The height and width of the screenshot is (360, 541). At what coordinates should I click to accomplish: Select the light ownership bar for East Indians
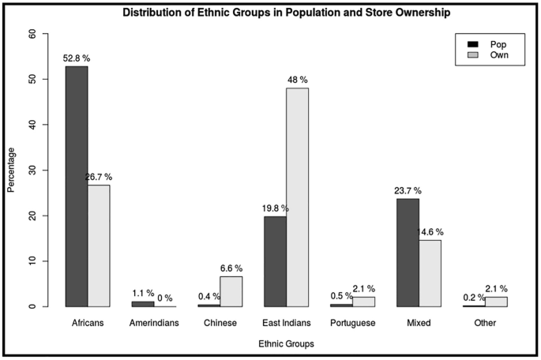point(298,197)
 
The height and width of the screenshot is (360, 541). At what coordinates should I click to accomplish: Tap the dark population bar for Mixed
point(408,253)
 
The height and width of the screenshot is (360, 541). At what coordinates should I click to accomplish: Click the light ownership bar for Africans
point(99,246)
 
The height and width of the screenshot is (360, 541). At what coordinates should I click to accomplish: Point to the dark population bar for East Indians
point(276,261)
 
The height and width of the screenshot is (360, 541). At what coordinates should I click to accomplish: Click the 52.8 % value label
point(77,57)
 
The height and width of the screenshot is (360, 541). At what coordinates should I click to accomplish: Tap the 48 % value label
point(298,80)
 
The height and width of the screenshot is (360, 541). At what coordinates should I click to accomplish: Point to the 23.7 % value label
point(408,190)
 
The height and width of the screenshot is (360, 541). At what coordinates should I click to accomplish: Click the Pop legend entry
point(487,44)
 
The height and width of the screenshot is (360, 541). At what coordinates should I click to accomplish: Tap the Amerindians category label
point(154,323)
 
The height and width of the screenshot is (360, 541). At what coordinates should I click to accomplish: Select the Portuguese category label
point(352,323)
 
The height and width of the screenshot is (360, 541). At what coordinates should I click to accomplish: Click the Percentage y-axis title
point(11,171)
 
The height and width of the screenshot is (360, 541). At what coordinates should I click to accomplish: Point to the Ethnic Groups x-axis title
point(286,344)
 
